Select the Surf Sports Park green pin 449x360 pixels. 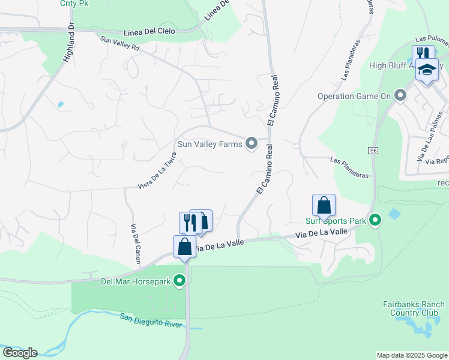(x=375, y=221)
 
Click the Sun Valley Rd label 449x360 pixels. (x=120, y=44)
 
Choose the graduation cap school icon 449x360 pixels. (x=427, y=70)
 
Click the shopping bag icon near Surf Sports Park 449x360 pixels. (x=324, y=206)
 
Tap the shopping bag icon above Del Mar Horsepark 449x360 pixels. (x=184, y=247)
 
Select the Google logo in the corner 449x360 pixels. (x=20, y=353)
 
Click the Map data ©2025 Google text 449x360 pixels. (x=411, y=355)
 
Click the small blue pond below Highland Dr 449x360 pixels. (x=60, y=105)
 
